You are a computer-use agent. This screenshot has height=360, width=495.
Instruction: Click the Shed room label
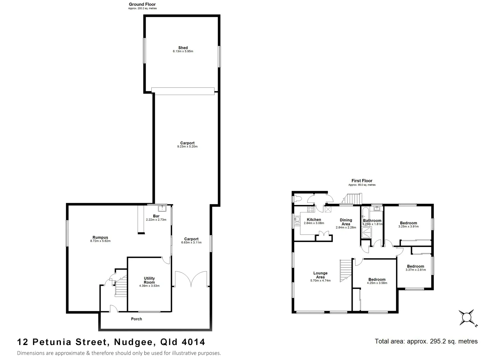tap(183, 48)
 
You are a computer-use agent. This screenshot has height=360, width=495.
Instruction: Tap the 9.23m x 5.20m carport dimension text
tap(187, 147)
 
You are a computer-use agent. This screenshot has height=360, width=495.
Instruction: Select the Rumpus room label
tap(100, 238)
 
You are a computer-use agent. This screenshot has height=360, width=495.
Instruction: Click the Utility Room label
tap(149, 280)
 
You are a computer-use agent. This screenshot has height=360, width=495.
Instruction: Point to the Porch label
tap(136, 319)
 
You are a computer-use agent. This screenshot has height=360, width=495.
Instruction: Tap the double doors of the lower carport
tap(191, 279)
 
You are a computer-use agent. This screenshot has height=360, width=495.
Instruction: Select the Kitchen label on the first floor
tap(314, 220)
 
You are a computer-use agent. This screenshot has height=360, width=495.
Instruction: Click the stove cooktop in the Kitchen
tap(310, 209)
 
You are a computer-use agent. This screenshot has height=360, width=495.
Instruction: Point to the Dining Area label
tap(346, 222)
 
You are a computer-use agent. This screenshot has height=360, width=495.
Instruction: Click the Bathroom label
tap(372, 221)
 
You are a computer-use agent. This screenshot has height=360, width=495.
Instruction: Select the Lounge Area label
tap(320, 275)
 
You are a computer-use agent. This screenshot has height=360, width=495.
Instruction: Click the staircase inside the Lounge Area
tap(346, 270)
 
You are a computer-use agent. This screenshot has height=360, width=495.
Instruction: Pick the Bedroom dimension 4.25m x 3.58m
tap(377, 283)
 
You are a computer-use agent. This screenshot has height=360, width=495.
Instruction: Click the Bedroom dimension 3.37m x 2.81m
tap(415, 270)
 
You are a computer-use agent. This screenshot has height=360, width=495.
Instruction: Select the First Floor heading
tap(362, 181)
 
